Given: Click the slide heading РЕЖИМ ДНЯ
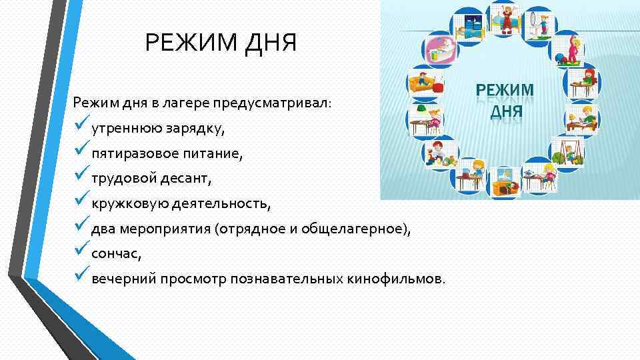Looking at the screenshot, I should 221,46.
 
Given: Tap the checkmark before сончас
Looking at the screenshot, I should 81,252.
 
